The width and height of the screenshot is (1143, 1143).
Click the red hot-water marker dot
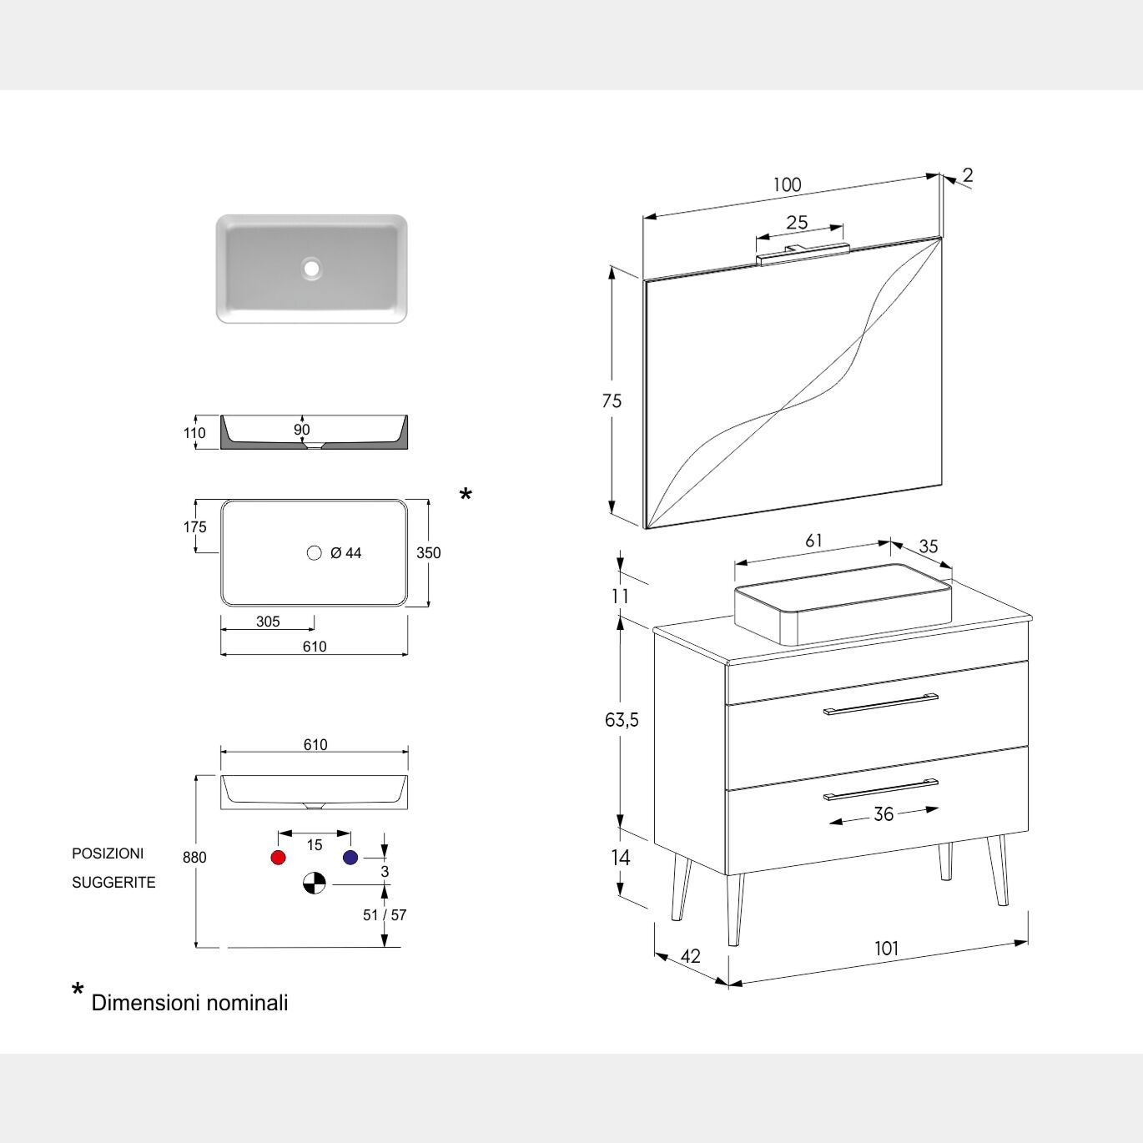pos(278,857)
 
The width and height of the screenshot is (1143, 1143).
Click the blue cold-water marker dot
pos(350,857)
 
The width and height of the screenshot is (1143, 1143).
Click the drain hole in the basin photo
pos(311,268)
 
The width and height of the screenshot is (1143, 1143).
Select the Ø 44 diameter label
pos(345,553)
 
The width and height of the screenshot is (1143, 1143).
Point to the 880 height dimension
pos(194,858)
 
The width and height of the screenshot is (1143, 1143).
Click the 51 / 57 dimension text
pos(385,914)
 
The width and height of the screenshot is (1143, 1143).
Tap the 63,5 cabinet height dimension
pos(622,720)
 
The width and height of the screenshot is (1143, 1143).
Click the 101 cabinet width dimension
pos(887,949)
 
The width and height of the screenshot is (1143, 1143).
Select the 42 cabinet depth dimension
pos(691,955)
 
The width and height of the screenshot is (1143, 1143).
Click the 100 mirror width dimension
pos(787,185)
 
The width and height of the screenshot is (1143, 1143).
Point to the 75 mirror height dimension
pos(612,401)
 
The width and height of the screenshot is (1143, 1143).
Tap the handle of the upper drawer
pos(881,703)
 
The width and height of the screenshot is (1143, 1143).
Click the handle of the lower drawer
pos(881,789)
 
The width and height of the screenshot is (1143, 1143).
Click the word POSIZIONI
pos(108,853)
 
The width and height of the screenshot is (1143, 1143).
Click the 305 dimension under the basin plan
pos(268,622)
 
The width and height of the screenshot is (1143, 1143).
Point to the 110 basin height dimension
pos(194,433)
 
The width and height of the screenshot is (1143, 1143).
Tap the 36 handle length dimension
pos(884,813)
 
